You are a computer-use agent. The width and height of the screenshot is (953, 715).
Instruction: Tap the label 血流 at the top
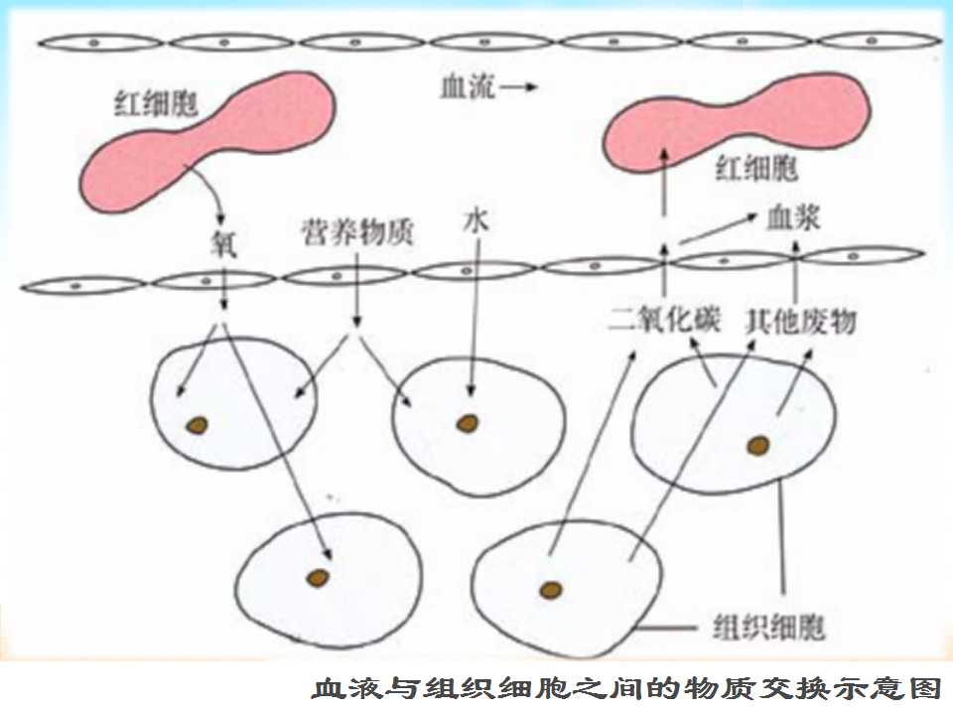468,86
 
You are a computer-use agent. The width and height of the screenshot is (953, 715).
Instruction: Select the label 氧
223,243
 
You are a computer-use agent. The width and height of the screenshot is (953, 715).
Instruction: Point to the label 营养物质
357,231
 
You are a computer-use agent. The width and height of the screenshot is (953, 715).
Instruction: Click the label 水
476,220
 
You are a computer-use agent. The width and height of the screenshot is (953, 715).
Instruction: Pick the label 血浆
793,217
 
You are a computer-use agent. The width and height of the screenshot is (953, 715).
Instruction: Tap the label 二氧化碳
664,319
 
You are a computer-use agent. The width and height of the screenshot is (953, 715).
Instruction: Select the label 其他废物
800,321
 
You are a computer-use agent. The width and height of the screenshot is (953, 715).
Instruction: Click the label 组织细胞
768,627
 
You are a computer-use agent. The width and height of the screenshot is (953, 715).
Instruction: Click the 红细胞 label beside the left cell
156,102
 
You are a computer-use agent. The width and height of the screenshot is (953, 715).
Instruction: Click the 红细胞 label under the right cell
756,167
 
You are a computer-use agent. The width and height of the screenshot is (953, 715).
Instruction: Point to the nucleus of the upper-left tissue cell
197,425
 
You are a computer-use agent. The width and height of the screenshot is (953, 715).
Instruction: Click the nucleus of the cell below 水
468,423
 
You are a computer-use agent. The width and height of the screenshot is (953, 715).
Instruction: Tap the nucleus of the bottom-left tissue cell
318,578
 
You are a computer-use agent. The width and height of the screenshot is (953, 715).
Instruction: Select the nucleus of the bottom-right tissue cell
551,589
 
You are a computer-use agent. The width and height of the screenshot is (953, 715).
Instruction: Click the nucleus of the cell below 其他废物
757,446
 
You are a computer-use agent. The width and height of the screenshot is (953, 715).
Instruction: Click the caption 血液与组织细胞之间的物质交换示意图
626,689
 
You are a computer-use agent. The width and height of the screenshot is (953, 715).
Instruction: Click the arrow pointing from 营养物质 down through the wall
356,289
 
